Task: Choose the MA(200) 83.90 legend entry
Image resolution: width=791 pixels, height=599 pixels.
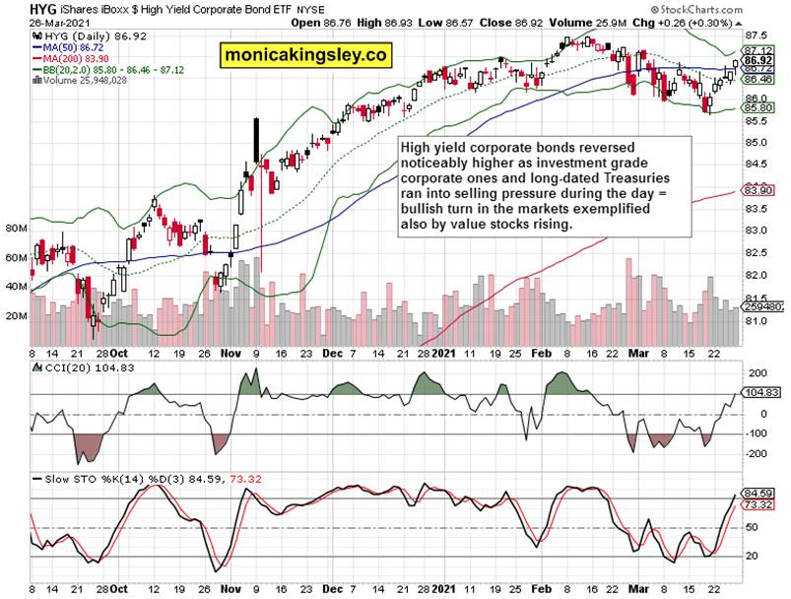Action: tap(70, 58)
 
